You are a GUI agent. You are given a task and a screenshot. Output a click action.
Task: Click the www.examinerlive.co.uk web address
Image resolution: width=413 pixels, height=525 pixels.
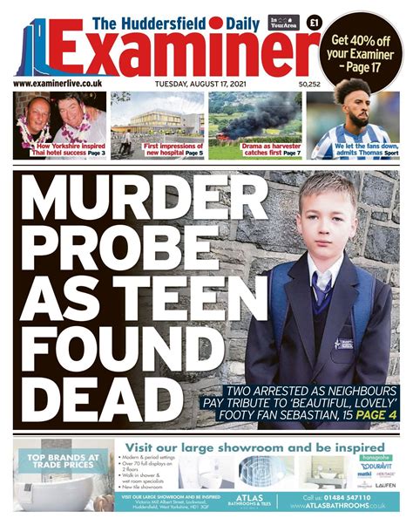(x=58, y=84)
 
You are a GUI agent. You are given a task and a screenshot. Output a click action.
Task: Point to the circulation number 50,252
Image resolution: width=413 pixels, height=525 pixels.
(x=310, y=85)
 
